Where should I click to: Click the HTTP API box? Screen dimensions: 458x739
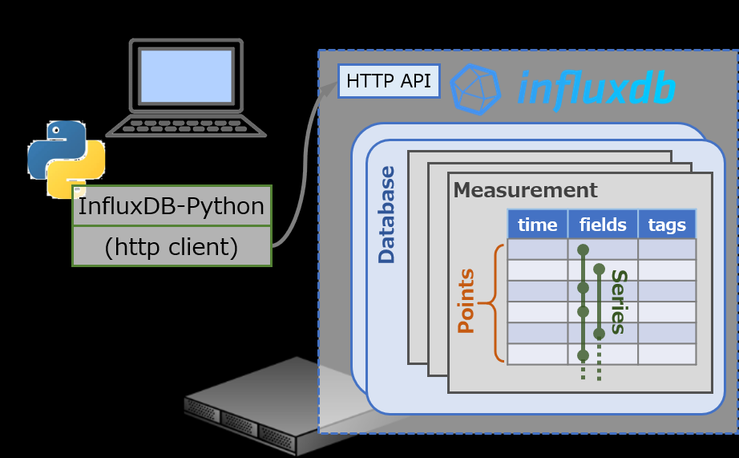tap(389, 81)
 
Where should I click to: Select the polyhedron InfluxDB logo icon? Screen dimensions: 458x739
tap(475, 88)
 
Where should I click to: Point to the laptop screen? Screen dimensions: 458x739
tap(185, 75)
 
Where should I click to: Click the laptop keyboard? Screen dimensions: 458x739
tap(185, 126)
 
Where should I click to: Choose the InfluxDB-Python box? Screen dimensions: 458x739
tap(172, 207)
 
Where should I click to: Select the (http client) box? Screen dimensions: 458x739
tap(172, 247)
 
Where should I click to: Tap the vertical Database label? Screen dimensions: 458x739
tap(387, 215)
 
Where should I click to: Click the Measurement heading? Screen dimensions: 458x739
tap(525, 190)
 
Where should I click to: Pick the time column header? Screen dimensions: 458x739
tap(537, 225)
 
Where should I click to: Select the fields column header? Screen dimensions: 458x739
tap(603, 225)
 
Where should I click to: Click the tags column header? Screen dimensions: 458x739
tap(667, 225)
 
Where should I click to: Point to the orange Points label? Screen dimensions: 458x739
tap(466, 301)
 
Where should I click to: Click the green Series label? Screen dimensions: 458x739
tap(617, 301)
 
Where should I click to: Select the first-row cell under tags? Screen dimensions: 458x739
tap(667, 249)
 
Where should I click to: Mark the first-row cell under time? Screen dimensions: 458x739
tap(537, 249)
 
